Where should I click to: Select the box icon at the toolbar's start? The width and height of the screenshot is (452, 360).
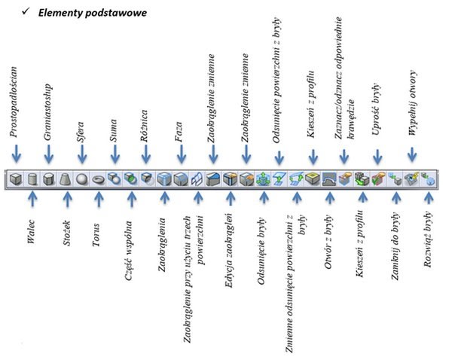tap(16, 179)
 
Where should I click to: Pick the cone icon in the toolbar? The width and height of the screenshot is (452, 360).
tap(66, 179)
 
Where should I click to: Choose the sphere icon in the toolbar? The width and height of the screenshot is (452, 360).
tap(81, 179)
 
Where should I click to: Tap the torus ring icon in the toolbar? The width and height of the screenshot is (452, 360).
tap(98, 179)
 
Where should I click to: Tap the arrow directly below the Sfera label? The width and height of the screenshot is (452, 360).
tap(81, 156)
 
